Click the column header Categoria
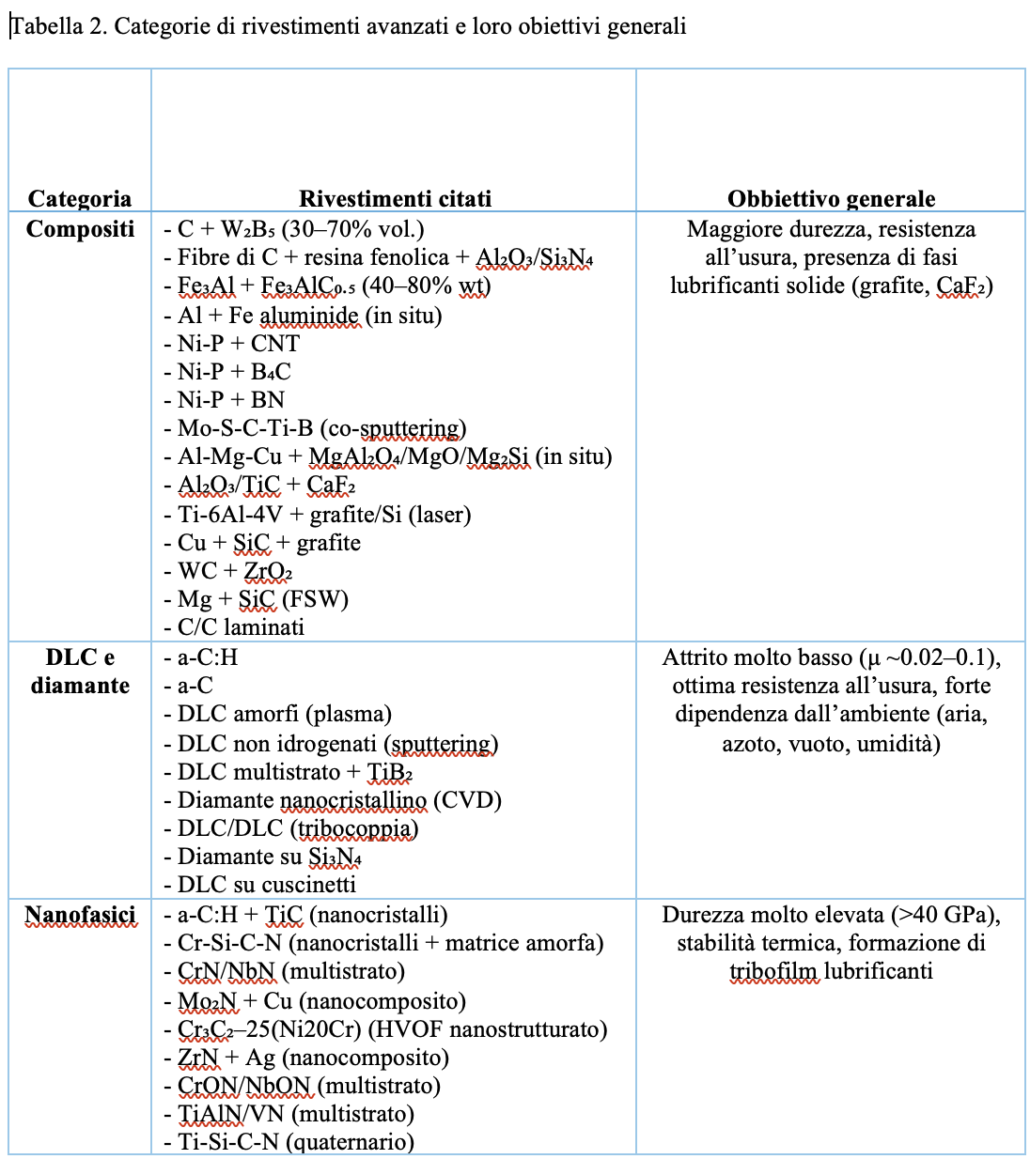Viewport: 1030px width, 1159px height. coord(80,198)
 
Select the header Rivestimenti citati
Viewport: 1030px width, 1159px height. coord(395,198)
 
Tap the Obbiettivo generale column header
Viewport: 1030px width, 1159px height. coord(831,198)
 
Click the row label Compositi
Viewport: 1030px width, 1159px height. coord(80,229)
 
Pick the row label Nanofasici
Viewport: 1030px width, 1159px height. coord(80,915)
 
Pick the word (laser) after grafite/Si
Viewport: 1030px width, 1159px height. coord(440,515)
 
